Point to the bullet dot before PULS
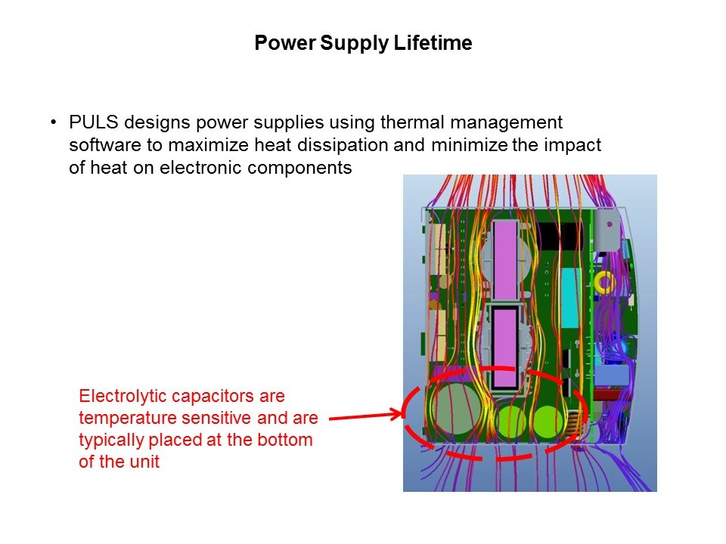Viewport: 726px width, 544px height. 54,122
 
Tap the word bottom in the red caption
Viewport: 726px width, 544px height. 287,440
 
